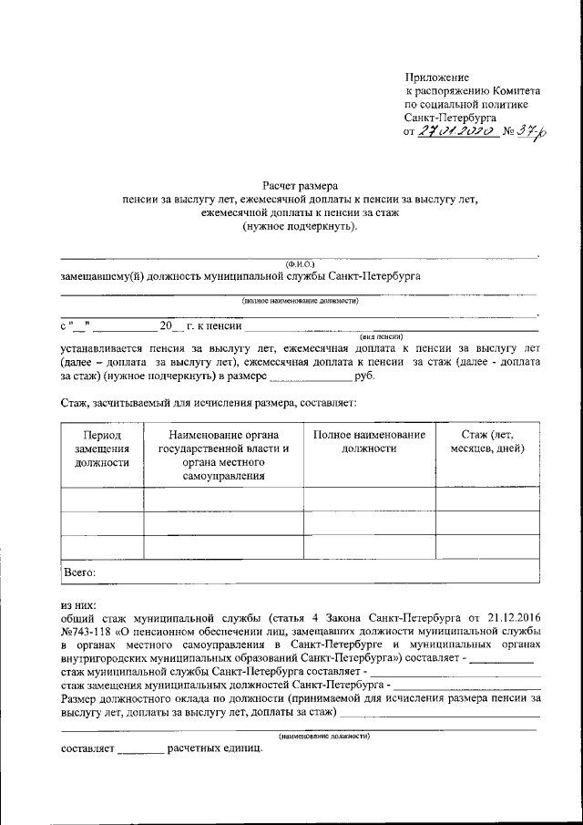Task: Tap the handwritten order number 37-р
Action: [527, 131]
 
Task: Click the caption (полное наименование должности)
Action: [300, 300]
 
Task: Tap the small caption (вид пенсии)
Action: [382, 335]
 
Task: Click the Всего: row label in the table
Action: [80, 572]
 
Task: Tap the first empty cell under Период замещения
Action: [102, 500]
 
